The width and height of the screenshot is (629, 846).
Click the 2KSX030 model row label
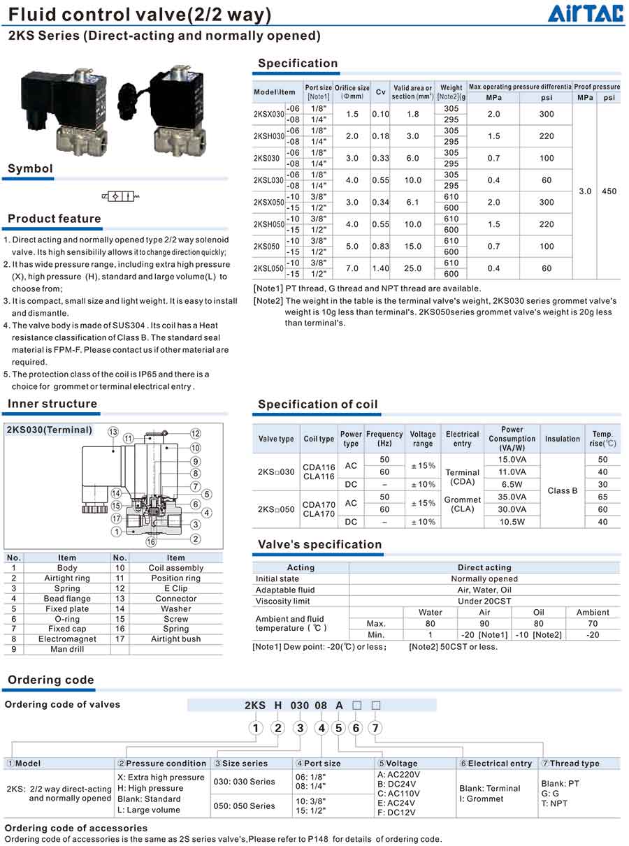point(268,114)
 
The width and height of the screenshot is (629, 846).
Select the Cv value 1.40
point(380,268)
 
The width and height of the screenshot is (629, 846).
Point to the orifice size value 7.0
point(352,268)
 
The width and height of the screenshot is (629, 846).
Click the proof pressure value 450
point(609,191)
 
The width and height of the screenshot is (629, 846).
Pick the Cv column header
point(380,92)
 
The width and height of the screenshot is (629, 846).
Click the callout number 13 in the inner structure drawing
point(113,432)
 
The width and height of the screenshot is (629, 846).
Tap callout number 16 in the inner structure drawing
point(150,542)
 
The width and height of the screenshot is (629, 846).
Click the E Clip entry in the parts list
point(176,588)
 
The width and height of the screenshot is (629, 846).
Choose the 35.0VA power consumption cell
point(512,497)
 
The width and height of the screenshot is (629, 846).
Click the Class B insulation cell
point(563,490)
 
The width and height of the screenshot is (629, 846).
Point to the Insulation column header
point(563,439)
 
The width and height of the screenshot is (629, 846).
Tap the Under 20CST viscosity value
point(484,601)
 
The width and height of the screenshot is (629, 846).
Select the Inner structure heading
point(52,404)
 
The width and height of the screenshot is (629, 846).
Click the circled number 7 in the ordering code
point(375,728)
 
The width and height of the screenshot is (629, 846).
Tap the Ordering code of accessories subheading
point(76,828)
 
